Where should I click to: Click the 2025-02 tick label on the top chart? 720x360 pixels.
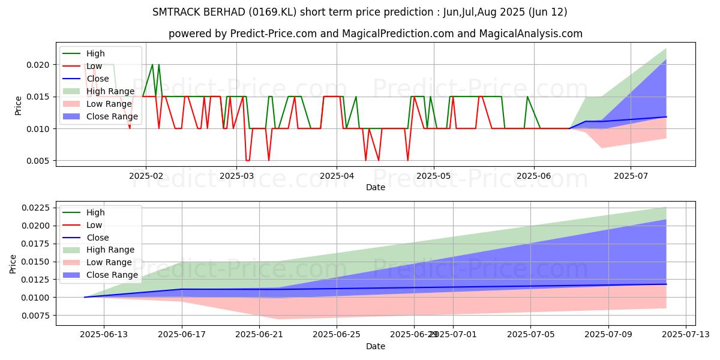pos(146,176)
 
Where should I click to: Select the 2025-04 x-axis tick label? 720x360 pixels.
pos(336,176)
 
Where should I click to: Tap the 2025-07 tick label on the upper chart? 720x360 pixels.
pos(630,176)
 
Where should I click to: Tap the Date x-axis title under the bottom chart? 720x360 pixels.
pos(376,347)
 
